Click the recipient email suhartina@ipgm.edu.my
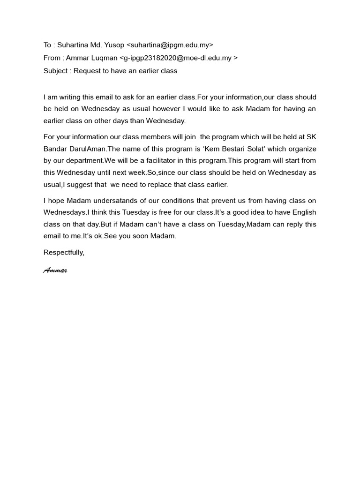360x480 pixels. (170, 45)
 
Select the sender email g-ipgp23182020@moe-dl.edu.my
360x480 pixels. (178, 58)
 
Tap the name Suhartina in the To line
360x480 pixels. (73, 45)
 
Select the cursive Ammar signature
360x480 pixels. (55, 270)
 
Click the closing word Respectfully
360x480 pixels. (64, 252)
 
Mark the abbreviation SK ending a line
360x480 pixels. (311, 137)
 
